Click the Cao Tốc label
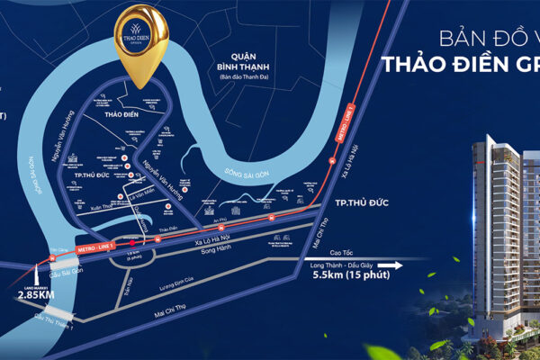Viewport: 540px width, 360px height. [364, 253]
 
